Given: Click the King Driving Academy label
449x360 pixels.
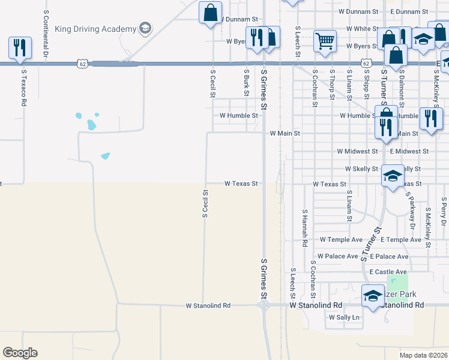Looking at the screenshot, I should (x=95, y=28).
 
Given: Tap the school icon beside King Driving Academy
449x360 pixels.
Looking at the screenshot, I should (x=144, y=28).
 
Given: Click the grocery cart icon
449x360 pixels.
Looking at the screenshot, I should (x=325, y=41).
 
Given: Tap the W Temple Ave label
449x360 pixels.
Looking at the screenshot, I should (x=341, y=239).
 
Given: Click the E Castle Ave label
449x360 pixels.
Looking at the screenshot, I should (x=389, y=272).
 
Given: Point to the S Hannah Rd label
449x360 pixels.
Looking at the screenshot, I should (x=305, y=229).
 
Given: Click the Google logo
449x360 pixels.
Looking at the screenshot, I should (x=20, y=353).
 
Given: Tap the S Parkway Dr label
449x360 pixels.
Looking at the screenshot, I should (x=410, y=210).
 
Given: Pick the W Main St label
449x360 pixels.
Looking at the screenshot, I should (x=285, y=133).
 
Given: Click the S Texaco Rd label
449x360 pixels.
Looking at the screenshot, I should (x=24, y=88).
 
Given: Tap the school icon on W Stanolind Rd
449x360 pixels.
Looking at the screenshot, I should (x=373, y=295).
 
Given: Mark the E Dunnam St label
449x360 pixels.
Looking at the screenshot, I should (x=408, y=11).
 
